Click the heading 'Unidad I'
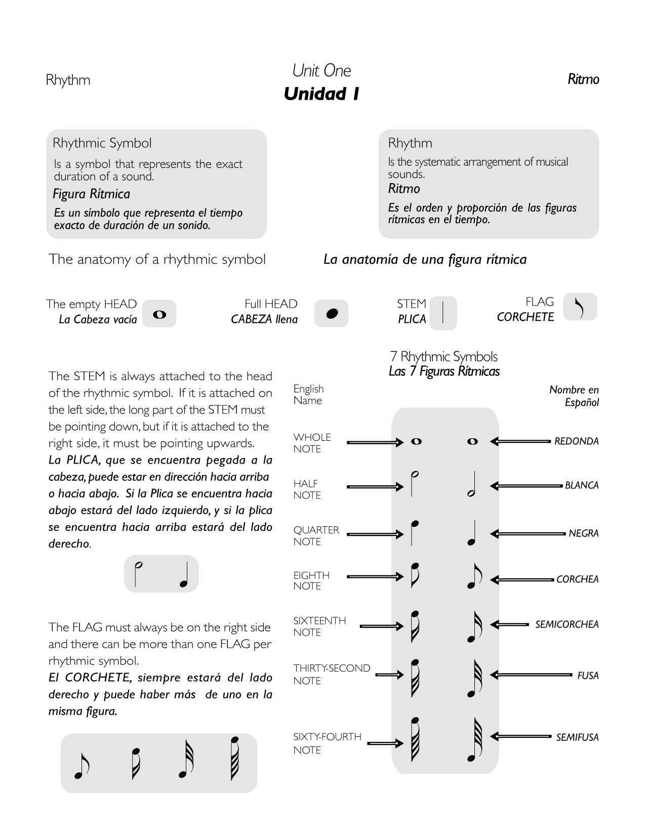point(321,94)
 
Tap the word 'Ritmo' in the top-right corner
point(583,79)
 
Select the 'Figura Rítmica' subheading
point(91,194)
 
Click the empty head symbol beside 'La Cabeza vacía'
point(159,315)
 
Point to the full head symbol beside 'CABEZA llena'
point(332,314)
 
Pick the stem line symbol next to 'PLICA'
point(443,313)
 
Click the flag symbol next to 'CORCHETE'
point(580,307)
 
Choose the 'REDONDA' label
point(576,441)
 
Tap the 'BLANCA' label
point(582,485)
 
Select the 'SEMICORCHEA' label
point(567,624)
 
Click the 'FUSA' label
point(588,676)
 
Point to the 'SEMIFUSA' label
point(577,738)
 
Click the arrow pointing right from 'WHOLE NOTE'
point(375,442)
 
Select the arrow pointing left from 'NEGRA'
point(528,533)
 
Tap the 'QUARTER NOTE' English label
point(316,535)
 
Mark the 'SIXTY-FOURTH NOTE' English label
point(327,743)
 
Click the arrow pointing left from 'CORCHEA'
point(522,580)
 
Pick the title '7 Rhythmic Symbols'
point(444,357)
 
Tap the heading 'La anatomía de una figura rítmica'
point(425,260)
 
